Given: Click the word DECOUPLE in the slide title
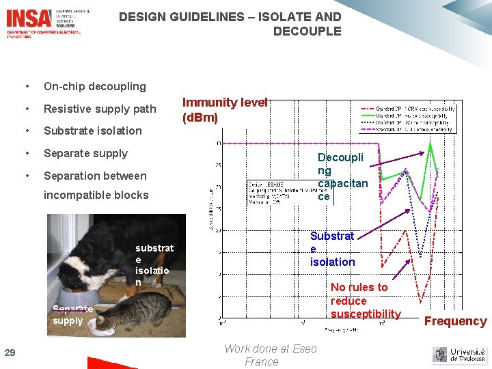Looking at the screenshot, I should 307,31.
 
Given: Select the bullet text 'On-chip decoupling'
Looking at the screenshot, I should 95,86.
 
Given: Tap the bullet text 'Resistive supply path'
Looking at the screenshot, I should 100,109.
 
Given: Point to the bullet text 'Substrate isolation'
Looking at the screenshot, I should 93,131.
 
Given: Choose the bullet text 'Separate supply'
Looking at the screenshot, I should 85,153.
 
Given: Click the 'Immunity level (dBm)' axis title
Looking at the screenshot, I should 224,109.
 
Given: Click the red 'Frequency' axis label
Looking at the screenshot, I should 456,321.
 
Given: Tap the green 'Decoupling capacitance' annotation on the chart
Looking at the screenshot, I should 342,177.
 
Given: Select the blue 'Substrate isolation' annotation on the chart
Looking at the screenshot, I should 332,249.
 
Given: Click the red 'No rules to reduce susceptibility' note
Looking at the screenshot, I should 365,301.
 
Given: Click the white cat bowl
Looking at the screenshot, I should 100,328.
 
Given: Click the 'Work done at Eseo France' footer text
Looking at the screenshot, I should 270,355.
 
